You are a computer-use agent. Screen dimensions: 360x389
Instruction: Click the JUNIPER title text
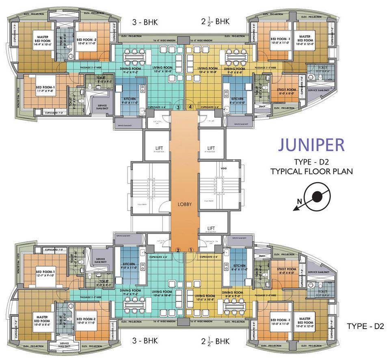311,145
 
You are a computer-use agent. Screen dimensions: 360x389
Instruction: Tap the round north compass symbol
316,197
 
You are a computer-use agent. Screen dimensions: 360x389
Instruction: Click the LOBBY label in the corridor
184,204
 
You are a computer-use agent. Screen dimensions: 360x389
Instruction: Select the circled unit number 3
178,107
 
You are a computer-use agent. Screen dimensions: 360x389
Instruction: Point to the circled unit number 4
191,107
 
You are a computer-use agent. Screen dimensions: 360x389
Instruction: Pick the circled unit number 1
191,249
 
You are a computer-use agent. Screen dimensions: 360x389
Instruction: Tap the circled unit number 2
178,249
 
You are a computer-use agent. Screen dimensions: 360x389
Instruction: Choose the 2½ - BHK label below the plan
216,340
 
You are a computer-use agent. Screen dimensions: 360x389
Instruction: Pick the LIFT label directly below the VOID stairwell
211,228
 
